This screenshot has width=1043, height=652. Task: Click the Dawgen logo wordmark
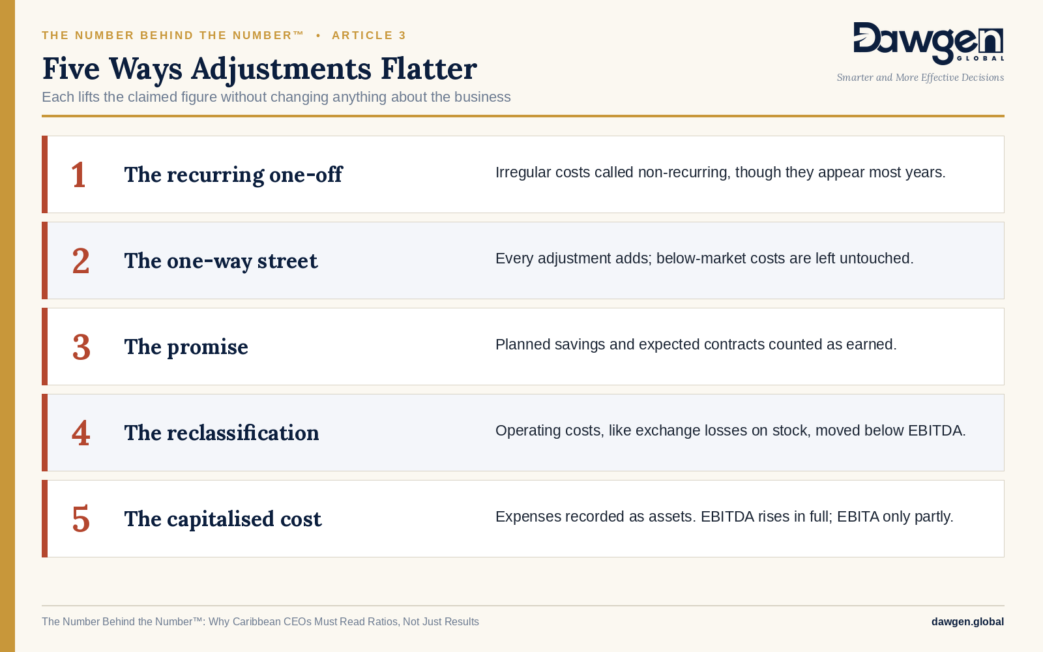click(928, 43)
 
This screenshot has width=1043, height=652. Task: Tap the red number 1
click(78, 175)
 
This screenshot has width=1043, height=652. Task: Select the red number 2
click(81, 261)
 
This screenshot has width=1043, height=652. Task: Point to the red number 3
click(81, 348)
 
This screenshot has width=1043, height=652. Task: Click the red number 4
click(81, 433)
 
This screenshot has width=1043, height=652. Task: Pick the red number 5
click(81, 519)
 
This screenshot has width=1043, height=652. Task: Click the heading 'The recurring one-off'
click(233, 175)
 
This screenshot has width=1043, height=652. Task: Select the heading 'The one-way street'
click(221, 261)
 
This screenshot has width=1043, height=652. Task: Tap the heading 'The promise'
click(186, 348)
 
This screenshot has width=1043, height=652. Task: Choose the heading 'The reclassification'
click(221, 433)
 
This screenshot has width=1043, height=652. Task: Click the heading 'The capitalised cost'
click(222, 519)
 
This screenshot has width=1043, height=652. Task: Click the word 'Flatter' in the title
click(429, 68)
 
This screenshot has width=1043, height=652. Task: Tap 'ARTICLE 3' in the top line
click(369, 35)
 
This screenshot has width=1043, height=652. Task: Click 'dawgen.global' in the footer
click(967, 622)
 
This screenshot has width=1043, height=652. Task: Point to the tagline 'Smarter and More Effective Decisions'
click(920, 78)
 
